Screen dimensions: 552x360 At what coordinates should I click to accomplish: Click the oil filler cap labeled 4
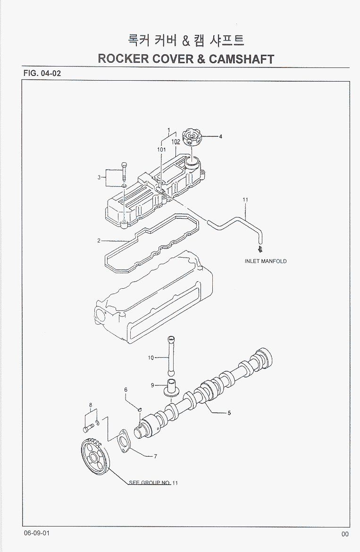pyautogui.click(x=193, y=138)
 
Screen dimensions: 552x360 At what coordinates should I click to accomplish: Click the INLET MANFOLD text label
pyautogui.click(x=265, y=261)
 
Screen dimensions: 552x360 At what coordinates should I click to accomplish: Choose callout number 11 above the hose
pyautogui.click(x=245, y=200)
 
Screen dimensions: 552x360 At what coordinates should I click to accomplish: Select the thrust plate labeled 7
pyautogui.click(x=124, y=443)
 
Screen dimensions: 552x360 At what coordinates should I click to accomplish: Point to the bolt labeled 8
pyautogui.click(x=87, y=429)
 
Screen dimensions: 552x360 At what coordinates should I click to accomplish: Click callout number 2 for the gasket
pyautogui.click(x=99, y=241)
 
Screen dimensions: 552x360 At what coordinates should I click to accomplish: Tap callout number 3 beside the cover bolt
pyautogui.click(x=99, y=177)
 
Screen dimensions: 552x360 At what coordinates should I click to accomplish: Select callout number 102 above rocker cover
pyautogui.click(x=175, y=142)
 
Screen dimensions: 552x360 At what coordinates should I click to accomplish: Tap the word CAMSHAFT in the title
pyautogui.click(x=240, y=59)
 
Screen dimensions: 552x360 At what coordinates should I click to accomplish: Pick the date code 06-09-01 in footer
pyautogui.click(x=35, y=533)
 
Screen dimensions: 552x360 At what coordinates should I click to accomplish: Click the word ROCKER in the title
pyautogui.click(x=124, y=59)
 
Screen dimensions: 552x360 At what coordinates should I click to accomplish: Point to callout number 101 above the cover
pyautogui.click(x=161, y=149)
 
